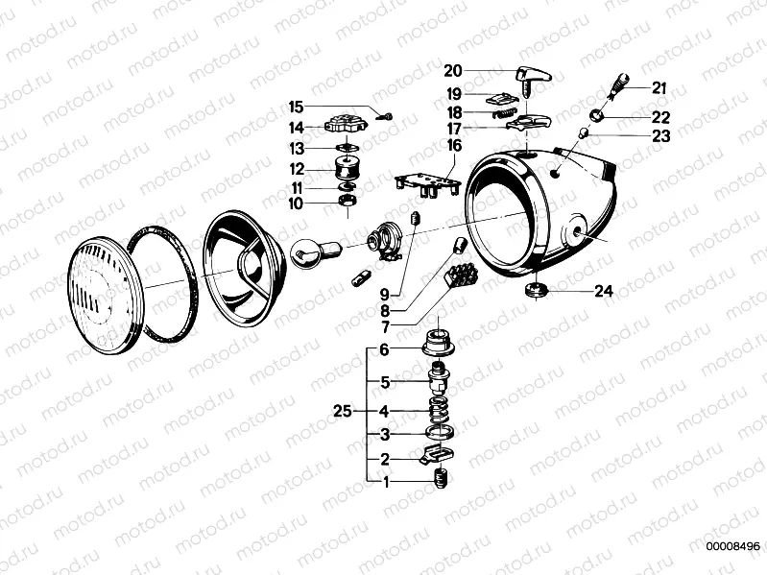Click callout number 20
[x=452, y=70]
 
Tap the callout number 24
[x=603, y=292]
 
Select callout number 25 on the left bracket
[x=343, y=410]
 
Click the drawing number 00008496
[x=733, y=547]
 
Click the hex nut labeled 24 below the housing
[x=536, y=290]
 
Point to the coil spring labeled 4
[x=439, y=413]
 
